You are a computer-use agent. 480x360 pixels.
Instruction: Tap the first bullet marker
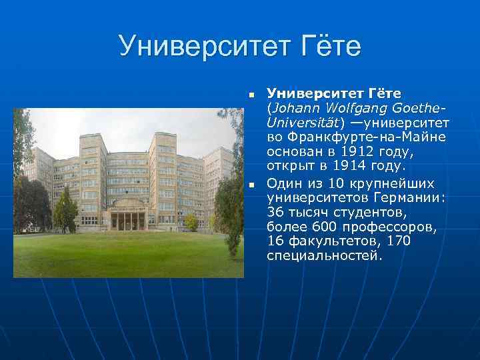pos(251,94)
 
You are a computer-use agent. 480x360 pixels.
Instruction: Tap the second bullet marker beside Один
pos(251,184)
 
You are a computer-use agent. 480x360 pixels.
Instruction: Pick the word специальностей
pos(324,256)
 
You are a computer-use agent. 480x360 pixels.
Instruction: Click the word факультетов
pos(336,241)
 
